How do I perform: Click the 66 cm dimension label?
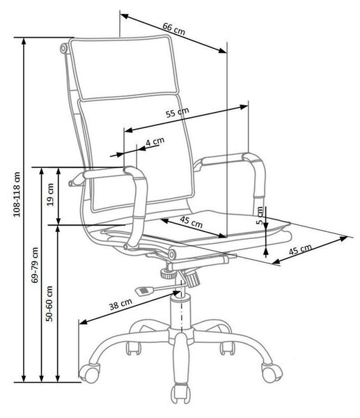(174, 29)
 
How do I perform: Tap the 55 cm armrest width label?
(178, 112)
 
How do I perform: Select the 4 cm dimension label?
(155, 141)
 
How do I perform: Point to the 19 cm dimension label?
(50, 194)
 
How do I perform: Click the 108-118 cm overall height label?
(17, 194)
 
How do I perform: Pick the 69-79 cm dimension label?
(35, 265)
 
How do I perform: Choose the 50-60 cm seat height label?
(49, 303)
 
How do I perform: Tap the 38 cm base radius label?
(120, 304)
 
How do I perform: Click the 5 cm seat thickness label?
(260, 215)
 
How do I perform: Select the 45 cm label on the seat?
(191, 222)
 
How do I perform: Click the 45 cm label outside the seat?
(300, 249)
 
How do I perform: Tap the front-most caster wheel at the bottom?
(180, 393)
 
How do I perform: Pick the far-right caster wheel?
(272, 372)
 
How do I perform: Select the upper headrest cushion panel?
(123, 68)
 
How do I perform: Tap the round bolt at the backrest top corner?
(63, 49)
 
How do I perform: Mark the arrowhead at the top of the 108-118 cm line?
(24, 41)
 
